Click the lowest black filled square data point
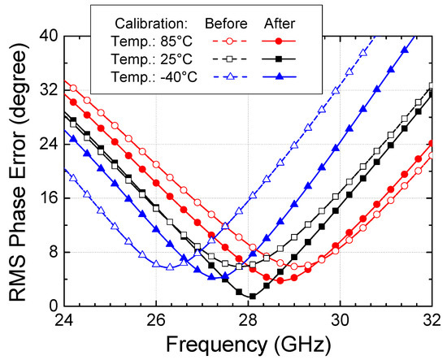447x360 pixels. coord(252,296)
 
